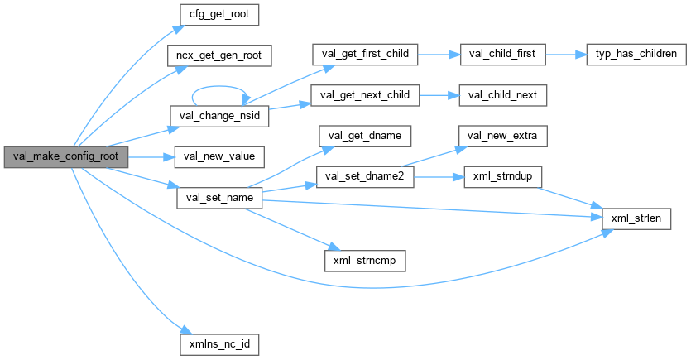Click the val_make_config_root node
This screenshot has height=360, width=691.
click(65, 156)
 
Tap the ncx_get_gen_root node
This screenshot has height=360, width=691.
click(219, 55)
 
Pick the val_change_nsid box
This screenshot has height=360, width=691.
click(219, 115)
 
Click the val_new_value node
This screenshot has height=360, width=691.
click(219, 156)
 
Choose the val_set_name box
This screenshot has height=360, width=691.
click(219, 199)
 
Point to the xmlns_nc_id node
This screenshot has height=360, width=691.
click(219, 341)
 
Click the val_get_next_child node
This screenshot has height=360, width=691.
click(364, 95)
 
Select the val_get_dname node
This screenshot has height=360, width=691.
click(364, 135)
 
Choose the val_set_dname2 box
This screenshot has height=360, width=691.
click(364, 176)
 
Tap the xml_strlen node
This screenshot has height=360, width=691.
click(635, 217)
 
